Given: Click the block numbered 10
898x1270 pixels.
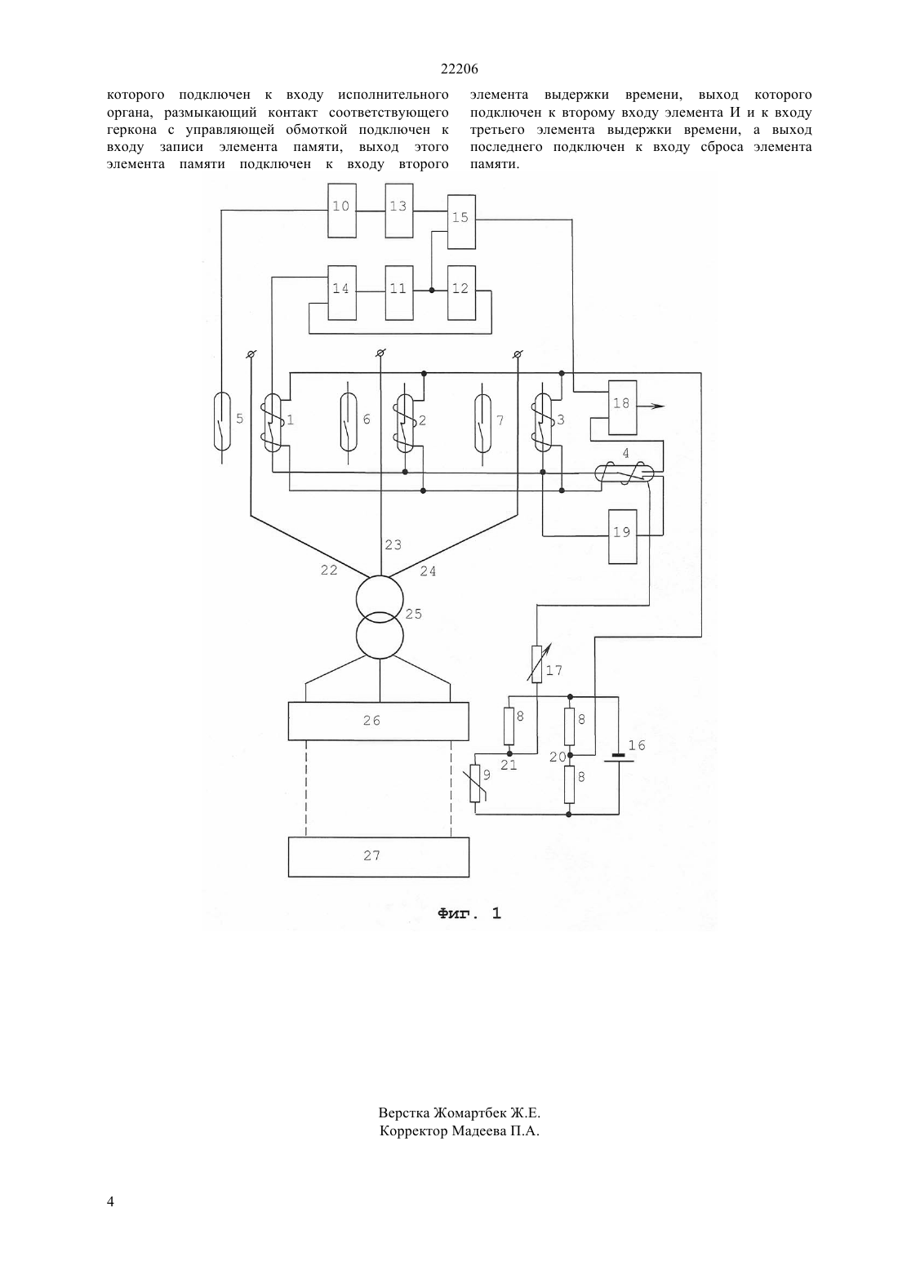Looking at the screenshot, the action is pos(342,211).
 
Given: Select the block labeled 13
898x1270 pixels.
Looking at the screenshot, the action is pos(399,211).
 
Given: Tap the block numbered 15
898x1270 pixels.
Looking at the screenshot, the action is pos(461,222).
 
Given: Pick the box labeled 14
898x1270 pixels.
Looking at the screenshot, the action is pos(342,292).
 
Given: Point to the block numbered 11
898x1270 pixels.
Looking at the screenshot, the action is pos(399,292).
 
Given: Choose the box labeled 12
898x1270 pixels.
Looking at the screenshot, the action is pos(461,292).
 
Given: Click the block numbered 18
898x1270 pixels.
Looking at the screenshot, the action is pos(622,407).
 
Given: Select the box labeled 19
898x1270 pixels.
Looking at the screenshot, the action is pos(622,536).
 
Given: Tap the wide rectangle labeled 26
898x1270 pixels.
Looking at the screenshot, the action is pos(378,722).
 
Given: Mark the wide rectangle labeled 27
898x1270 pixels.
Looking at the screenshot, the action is pos(378,857).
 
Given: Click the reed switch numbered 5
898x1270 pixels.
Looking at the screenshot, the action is pos(222,421).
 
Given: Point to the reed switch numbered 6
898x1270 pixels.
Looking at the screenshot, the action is pos(349,421).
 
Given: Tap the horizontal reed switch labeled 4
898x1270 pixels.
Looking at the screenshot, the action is pos(625,473).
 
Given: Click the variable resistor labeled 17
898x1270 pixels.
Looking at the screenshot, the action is pos(537,663).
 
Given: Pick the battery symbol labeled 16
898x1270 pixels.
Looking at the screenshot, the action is pos(619,758).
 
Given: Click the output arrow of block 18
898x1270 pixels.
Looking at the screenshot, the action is pos(651,406).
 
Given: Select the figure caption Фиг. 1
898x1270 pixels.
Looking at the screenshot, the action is pos(469,913).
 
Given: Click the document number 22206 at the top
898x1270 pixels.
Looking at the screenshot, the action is pos(459,69).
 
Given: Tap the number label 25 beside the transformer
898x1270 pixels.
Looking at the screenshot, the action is pos(414,614).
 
